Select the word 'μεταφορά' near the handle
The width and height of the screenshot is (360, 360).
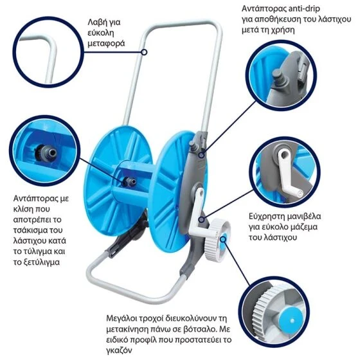coord(106,44)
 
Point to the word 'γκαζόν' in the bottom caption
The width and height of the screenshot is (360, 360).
coord(120,350)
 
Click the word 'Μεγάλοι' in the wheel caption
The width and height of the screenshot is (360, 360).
coord(122,318)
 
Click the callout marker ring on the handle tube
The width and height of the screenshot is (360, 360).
coord(144,52)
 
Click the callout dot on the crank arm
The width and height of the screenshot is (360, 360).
coord(202,219)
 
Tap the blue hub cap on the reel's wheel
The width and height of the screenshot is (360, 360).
coord(223,239)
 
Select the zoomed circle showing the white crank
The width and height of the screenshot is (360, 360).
coord(285,172)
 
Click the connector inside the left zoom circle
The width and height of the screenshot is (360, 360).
coord(46,152)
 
